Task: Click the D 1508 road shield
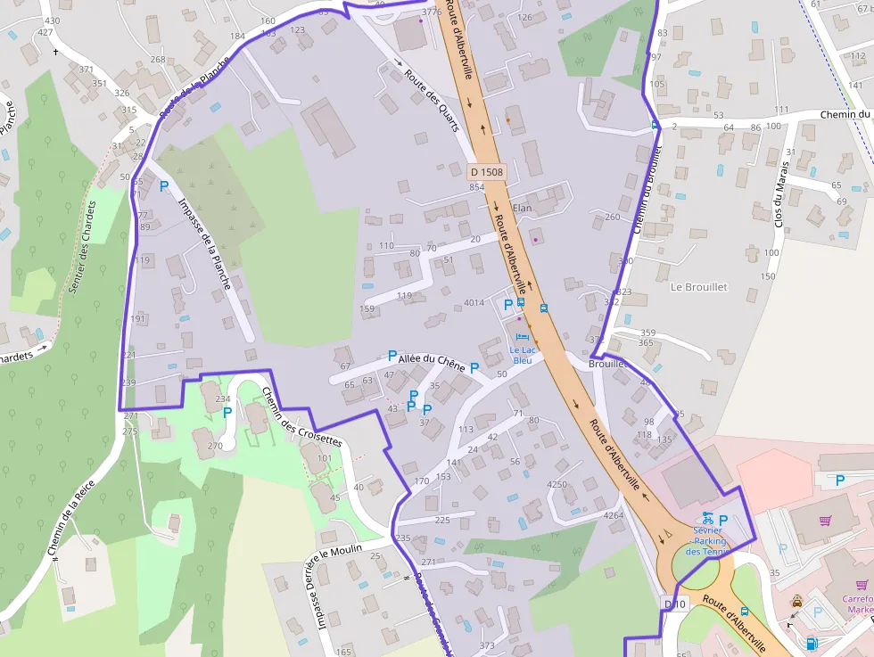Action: pos(486,171)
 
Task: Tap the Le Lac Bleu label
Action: pos(522,355)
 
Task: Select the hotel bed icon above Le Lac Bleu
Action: pos(523,336)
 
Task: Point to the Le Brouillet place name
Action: pos(699,287)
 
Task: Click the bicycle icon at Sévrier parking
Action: pos(707,517)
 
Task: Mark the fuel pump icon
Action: pos(812,644)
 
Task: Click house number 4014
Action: pos(474,303)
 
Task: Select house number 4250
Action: pos(557,484)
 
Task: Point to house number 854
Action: pos(476,186)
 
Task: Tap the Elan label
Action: pos(522,209)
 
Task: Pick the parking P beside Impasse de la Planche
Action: pos(163,186)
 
